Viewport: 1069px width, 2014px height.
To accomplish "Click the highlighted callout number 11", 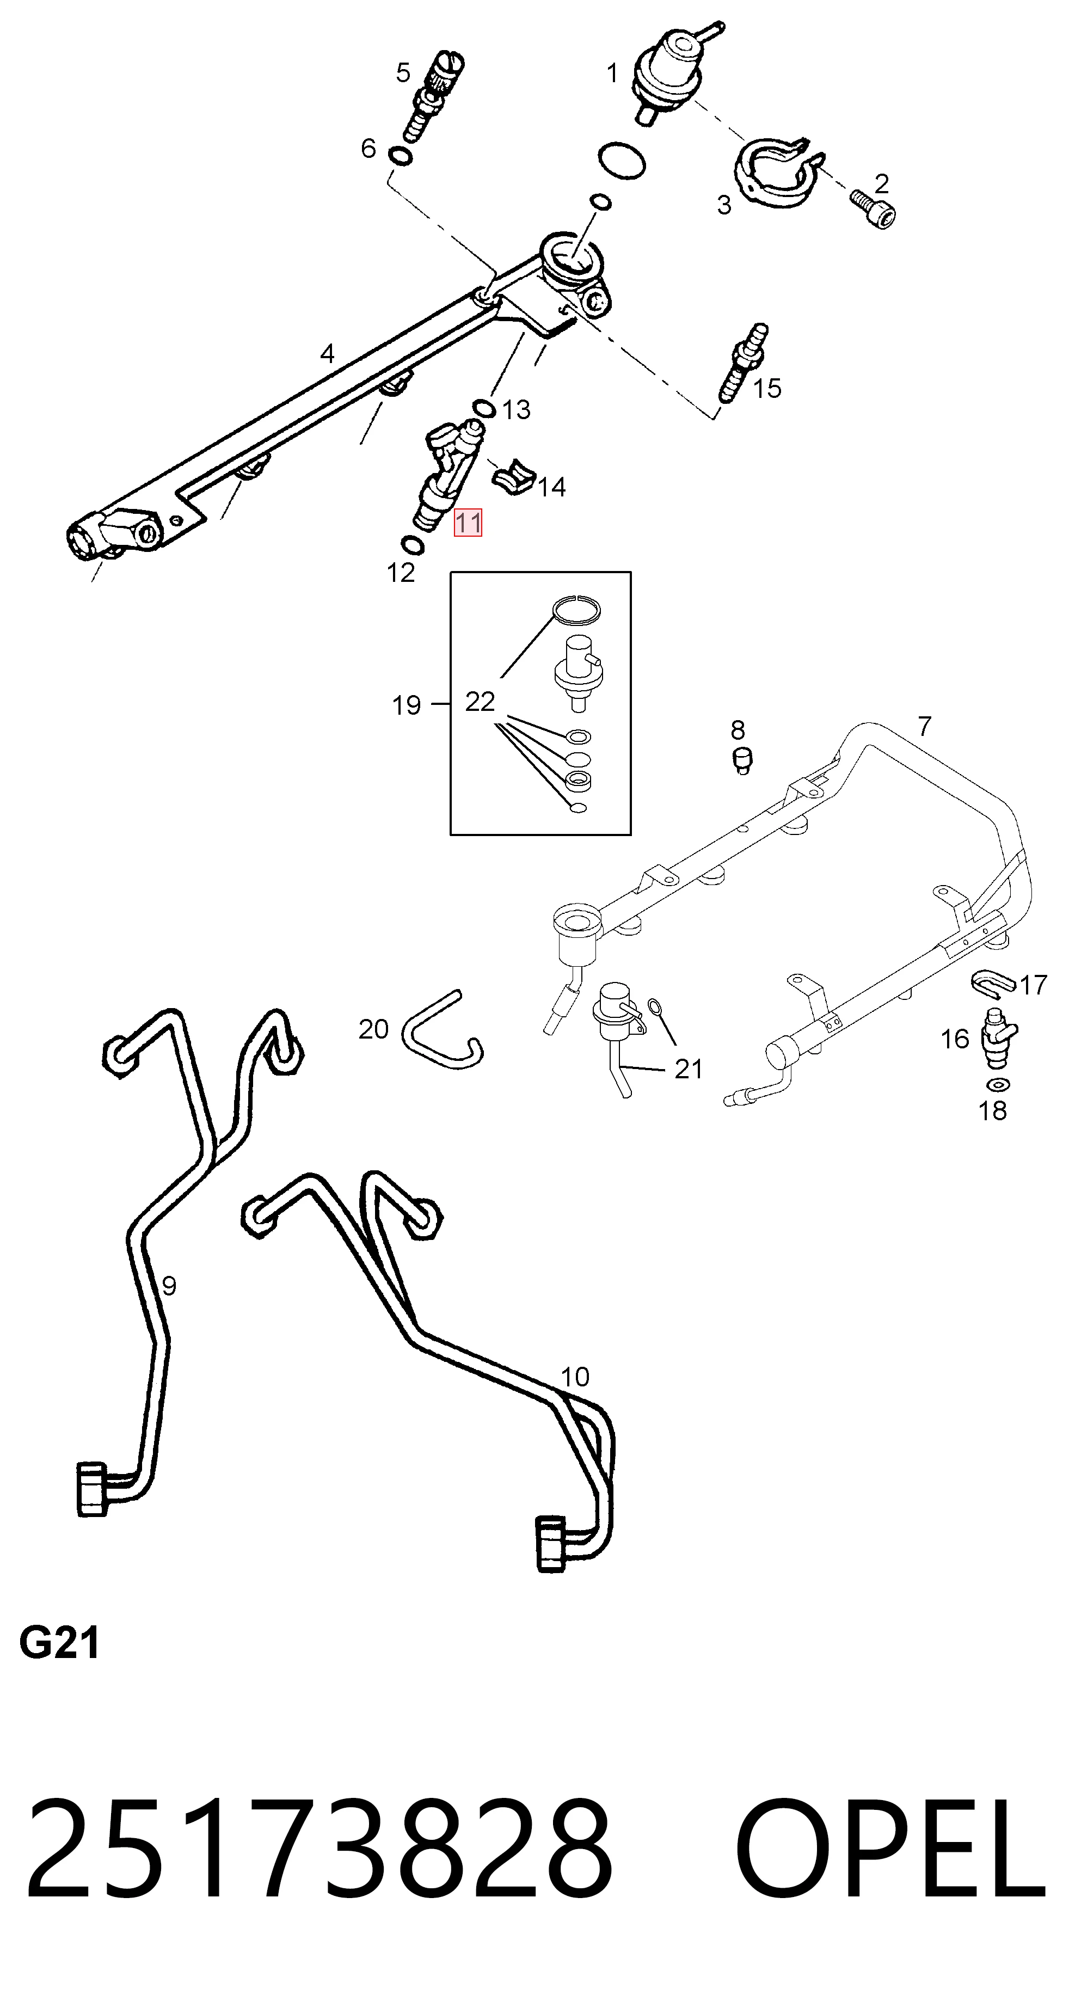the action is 469,522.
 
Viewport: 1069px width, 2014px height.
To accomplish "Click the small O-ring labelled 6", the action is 401,156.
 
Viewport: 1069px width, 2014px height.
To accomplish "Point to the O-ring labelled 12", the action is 412,545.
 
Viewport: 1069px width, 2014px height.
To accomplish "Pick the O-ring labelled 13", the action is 483,408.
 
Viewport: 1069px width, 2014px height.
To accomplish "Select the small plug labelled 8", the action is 742,760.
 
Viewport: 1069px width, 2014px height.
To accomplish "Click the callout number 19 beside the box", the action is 406,706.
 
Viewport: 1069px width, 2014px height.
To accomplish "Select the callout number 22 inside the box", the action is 480,702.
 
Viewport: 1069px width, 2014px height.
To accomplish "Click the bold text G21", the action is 59,1644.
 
